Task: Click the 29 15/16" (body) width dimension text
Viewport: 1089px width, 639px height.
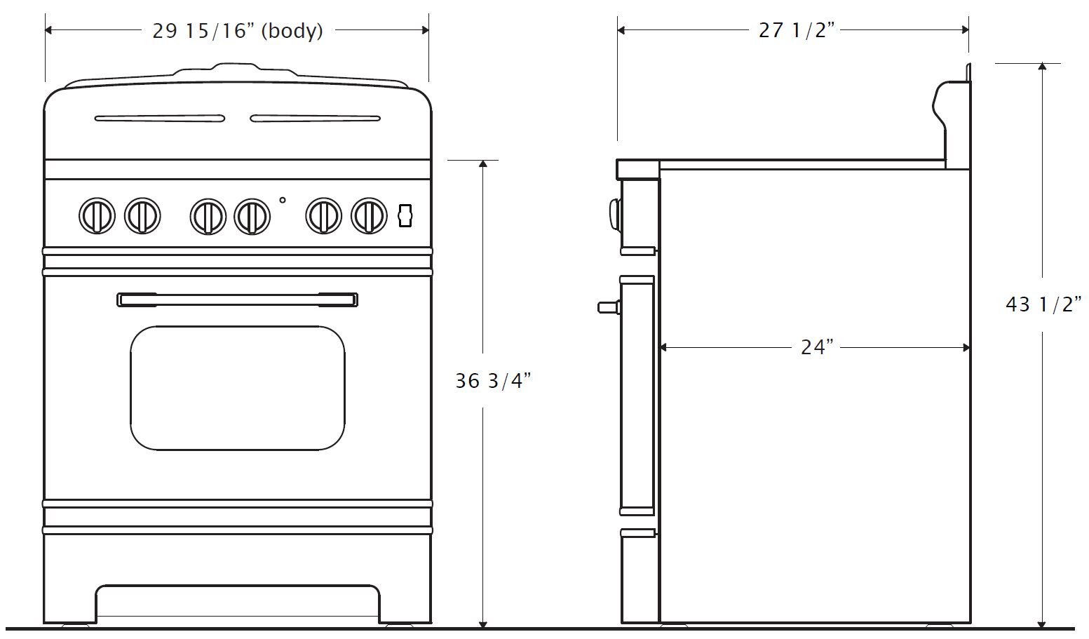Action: [237, 32]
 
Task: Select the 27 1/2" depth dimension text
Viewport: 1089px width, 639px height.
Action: [797, 32]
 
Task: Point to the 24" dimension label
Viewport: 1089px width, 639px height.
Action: [817, 347]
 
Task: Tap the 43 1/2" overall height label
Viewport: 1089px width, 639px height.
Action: [1043, 305]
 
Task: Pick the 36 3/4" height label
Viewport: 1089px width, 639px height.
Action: [493, 381]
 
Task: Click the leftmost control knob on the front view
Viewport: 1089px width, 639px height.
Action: [96, 216]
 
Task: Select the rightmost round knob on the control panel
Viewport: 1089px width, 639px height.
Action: [369, 216]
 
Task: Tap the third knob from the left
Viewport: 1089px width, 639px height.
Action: [208, 216]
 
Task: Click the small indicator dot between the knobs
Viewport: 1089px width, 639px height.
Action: [283, 200]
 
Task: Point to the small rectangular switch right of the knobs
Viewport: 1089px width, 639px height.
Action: [403, 215]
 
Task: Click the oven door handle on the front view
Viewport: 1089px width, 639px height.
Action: [237, 300]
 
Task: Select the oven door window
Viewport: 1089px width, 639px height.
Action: [237, 388]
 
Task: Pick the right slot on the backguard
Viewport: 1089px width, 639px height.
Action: [315, 119]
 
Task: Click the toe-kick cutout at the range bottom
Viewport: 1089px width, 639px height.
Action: [237, 603]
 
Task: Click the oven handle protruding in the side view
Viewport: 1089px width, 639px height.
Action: [608, 307]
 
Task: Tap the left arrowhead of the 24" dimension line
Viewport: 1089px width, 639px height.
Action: [663, 347]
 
